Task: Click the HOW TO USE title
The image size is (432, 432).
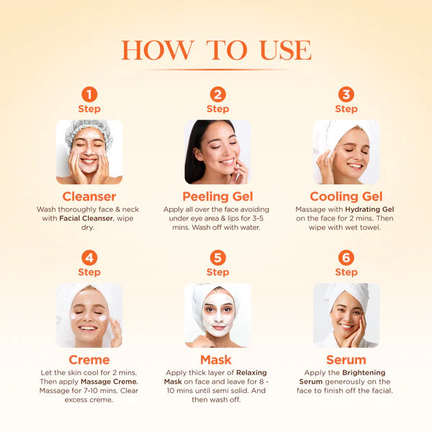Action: click(216, 50)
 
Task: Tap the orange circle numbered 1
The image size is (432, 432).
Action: click(89, 94)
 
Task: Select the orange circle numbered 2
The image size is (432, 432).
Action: click(217, 94)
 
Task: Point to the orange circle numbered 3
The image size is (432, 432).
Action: click(346, 94)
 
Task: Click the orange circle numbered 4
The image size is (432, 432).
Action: click(89, 258)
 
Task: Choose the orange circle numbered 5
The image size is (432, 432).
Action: click(217, 258)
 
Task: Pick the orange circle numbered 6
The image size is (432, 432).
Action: click(346, 258)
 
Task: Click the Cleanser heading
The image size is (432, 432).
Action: click(89, 197)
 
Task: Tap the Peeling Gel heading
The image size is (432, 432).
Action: click(217, 197)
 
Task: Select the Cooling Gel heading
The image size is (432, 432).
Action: click(346, 197)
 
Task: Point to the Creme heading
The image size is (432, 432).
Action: click(89, 359)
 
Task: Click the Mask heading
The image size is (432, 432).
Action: click(217, 359)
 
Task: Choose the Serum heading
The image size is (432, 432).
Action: click(346, 359)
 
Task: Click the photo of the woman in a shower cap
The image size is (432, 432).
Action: click(89, 152)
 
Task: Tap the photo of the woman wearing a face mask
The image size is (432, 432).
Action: click(217, 315)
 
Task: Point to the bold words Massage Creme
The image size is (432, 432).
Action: click(109, 381)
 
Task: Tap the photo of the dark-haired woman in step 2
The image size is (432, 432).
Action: click(217, 152)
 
